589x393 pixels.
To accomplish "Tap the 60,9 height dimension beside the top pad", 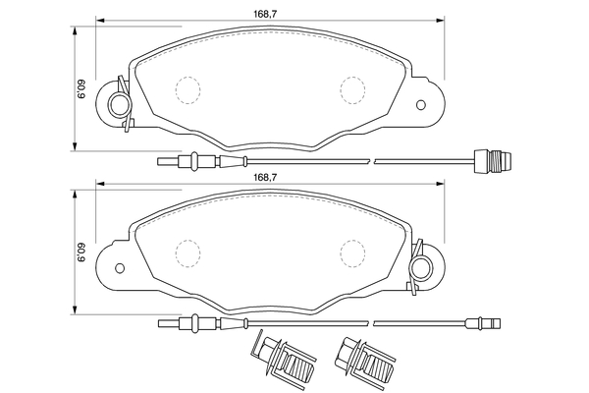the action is click(81, 89).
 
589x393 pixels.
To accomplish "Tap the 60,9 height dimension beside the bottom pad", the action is click(81, 253).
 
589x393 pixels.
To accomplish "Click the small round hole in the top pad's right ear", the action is click(421, 104).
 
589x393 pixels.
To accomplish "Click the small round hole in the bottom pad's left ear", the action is click(120, 268).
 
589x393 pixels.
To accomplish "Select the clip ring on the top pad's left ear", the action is click(120, 104).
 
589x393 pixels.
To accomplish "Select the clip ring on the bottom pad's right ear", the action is click(421, 267).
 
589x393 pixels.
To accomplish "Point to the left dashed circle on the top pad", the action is click(187, 89).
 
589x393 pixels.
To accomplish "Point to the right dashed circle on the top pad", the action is click(352, 89).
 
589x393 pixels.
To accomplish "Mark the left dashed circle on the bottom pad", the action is click(187, 253).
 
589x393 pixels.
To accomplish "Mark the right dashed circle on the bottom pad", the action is click(352, 253).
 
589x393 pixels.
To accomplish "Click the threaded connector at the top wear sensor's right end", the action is click(493, 161).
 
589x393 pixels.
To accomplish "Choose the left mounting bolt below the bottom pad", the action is click(284, 357).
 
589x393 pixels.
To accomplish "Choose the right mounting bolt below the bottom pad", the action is click(365, 357).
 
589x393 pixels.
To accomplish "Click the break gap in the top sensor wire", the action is click(372, 161).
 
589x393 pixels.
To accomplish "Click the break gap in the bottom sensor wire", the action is click(371, 323).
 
